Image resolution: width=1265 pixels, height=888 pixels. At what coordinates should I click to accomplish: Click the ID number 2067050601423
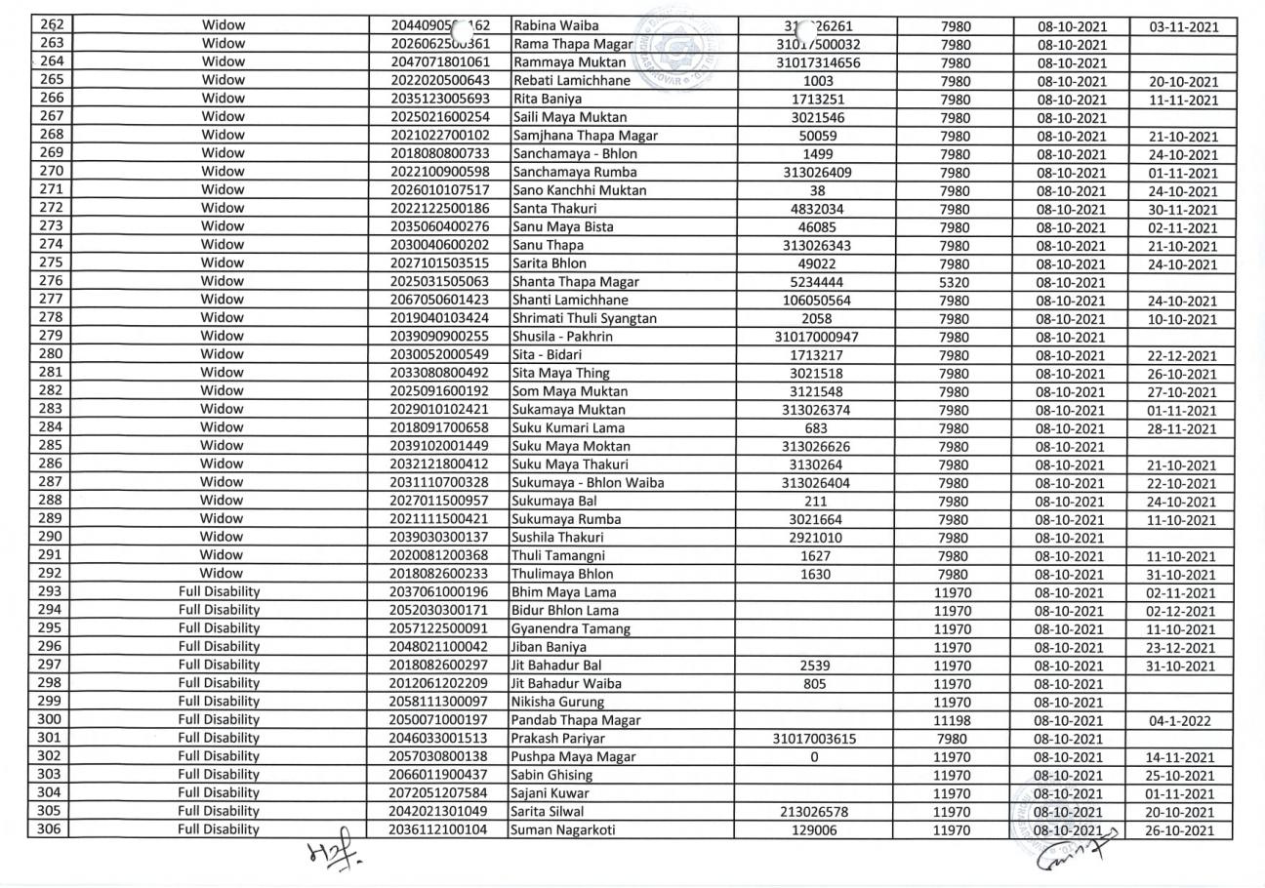(438, 301)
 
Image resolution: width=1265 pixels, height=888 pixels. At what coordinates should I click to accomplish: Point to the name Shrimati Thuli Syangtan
(584, 319)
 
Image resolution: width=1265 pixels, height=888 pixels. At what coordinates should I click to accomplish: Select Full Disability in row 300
(218, 720)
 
